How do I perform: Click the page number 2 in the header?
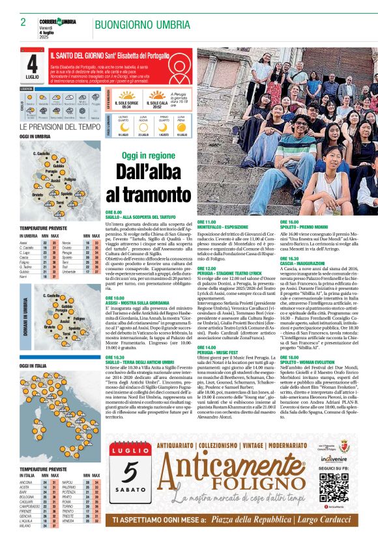(23, 22)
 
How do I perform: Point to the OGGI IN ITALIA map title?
(35, 366)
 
